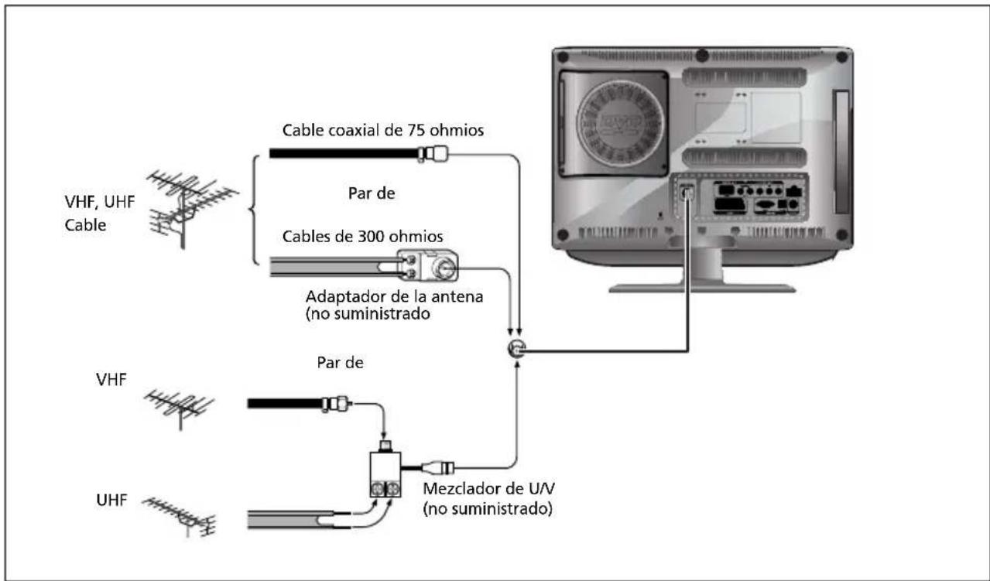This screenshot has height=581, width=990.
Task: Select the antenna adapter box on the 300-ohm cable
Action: click(426, 267)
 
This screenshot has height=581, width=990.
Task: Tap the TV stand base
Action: click(701, 287)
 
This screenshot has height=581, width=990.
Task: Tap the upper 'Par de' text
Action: click(372, 194)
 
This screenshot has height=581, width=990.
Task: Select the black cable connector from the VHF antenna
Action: click(335, 403)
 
